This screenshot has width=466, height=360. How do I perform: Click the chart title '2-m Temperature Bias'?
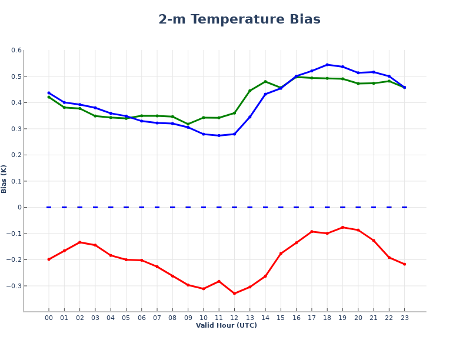pyautogui.click(x=239, y=19)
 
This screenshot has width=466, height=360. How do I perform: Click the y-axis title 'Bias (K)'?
pyautogui.click(x=4, y=179)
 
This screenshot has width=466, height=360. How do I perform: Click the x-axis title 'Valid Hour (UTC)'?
pyautogui.click(x=226, y=326)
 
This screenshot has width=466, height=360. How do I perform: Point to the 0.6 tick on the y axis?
pyautogui.click(x=16, y=51)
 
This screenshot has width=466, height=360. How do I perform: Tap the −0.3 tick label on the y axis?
pyautogui.click(x=14, y=286)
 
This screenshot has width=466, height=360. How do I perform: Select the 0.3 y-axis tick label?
pyautogui.click(x=16, y=129)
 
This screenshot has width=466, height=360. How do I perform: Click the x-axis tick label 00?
pyautogui.click(x=49, y=318)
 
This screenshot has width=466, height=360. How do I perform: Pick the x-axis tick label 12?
pyautogui.click(x=234, y=318)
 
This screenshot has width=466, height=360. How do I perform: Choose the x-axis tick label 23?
pyautogui.click(x=404, y=318)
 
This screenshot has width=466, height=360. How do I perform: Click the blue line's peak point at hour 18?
pyautogui.click(x=327, y=65)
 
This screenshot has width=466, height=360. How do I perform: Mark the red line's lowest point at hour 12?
pyautogui.click(x=234, y=294)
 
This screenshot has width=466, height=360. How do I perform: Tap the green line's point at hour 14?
pyautogui.click(x=265, y=82)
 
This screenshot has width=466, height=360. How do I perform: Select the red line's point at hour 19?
pyautogui.click(x=342, y=227)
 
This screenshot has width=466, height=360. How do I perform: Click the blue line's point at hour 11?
pyautogui.click(x=219, y=135)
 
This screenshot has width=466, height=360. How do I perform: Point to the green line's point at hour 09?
pyautogui.click(x=188, y=124)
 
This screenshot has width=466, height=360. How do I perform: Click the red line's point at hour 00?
pyautogui.click(x=49, y=259)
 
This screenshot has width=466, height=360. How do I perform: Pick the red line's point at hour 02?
pyautogui.click(x=79, y=242)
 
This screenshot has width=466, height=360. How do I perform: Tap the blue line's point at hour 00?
pyautogui.click(x=49, y=93)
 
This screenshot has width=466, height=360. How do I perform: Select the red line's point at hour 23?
pyautogui.click(x=404, y=264)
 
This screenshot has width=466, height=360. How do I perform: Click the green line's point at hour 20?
pyautogui.click(x=358, y=84)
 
